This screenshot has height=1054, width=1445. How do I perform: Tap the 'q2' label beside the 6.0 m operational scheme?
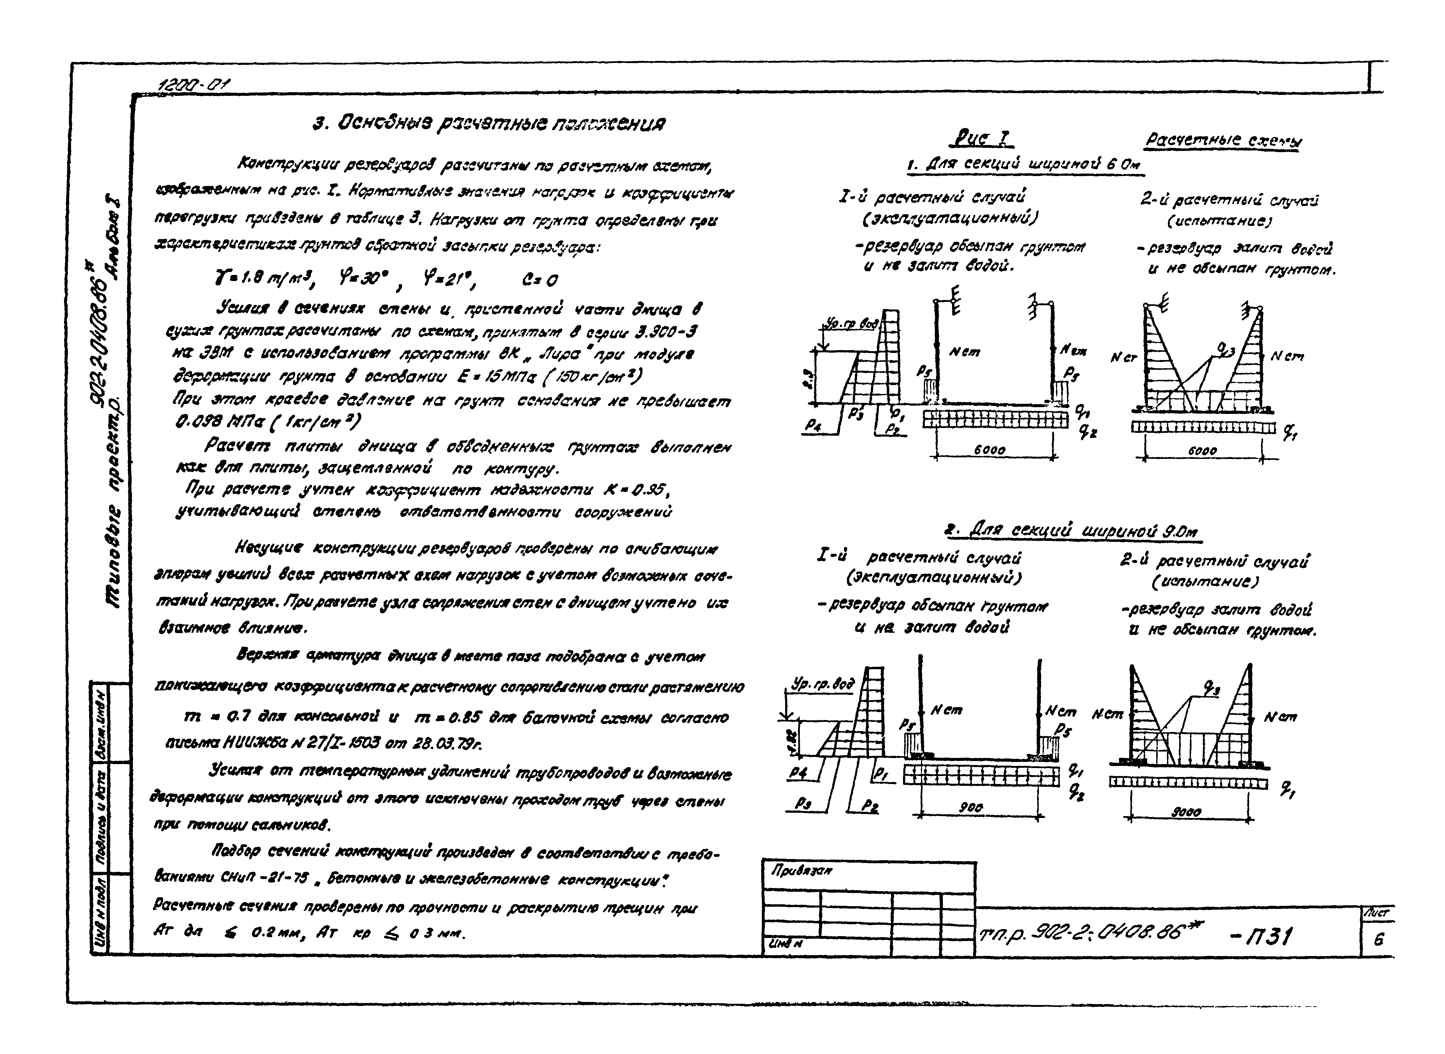1083,432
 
